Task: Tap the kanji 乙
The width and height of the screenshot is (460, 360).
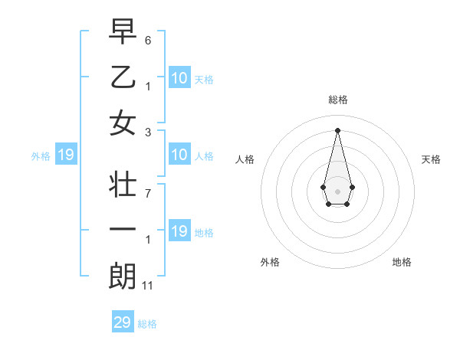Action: tap(123, 77)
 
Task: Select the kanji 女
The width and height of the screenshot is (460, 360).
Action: tap(123, 123)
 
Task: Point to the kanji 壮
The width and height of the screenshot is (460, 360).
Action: tap(123, 185)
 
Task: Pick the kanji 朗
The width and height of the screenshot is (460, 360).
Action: tap(123, 277)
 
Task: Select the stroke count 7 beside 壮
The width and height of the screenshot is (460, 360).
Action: tap(148, 193)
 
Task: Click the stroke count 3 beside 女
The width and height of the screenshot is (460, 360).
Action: tap(148, 132)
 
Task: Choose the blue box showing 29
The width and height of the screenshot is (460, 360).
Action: tap(123, 322)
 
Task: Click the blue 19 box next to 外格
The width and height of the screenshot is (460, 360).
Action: tap(66, 155)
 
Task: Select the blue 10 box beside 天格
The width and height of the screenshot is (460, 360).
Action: tap(179, 78)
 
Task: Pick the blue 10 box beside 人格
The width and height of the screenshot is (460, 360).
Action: tap(179, 155)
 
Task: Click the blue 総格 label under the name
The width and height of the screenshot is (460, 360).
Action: tap(147, 324)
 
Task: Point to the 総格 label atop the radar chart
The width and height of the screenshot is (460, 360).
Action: tap(337, 100)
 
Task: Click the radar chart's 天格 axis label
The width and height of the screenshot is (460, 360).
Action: tap(432, 159)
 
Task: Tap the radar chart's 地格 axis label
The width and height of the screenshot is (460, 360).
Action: tap(402, 262)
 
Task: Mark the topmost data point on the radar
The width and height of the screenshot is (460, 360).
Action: tap(337, 129)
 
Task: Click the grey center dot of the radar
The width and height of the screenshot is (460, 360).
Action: tap(337, 190)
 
